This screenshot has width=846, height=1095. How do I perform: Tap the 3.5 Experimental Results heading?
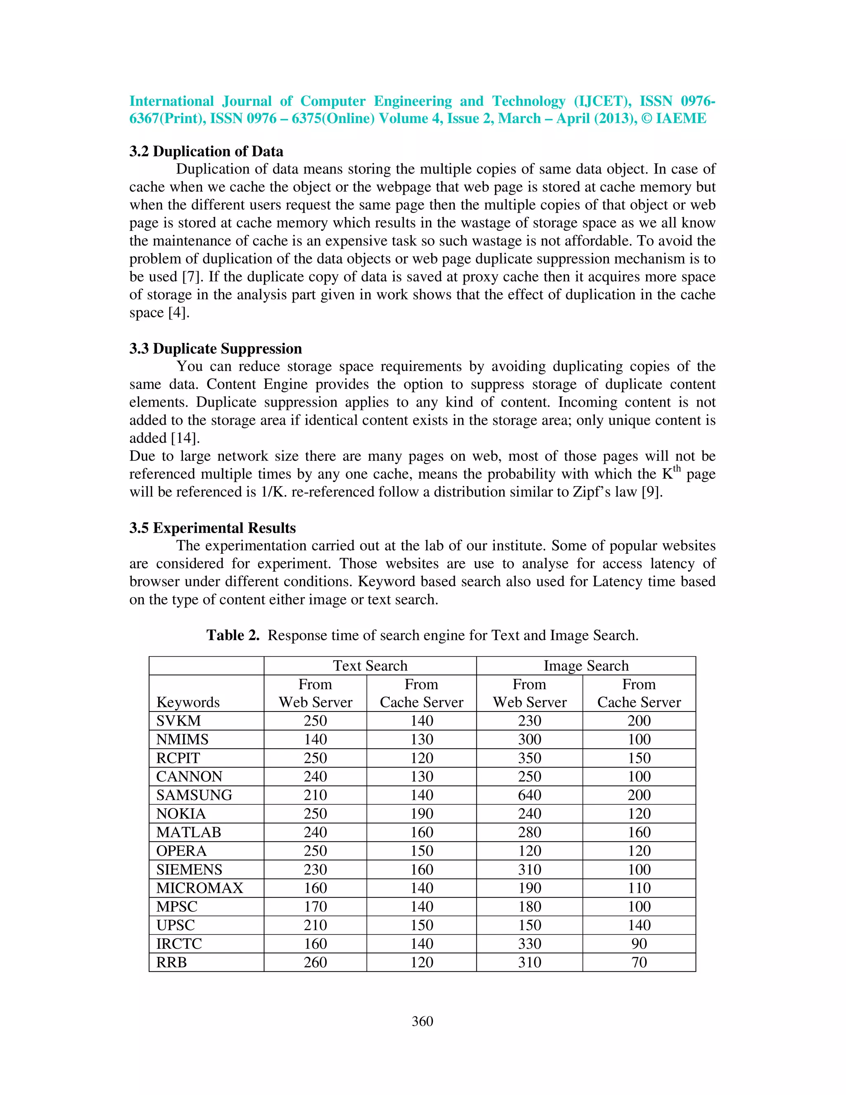[x=212, y=528]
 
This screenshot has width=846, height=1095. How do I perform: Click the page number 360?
[x=422, y=1021]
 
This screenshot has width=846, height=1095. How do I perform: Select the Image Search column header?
[x=585, y=666]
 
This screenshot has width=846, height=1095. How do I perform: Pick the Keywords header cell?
[x=188, y=702]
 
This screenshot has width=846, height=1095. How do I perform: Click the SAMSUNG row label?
[x=194, y=795]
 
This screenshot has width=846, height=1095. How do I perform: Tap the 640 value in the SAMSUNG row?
[x=529, y=795]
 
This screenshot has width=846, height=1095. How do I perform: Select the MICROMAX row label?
[x=200, y=888]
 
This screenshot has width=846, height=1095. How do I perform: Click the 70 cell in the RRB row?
[x=639, y=962]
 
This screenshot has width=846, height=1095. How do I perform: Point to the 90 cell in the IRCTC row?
[x=639, y=944]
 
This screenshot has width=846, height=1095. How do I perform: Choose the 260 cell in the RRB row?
[x=315, y=962]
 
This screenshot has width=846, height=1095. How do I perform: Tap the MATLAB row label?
[x=188, y=832]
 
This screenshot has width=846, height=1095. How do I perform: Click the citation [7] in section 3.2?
[x=192, y=277]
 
